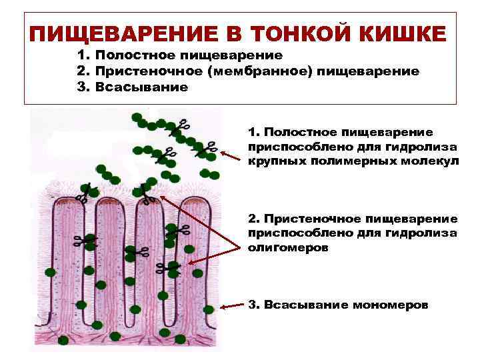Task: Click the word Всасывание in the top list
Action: point(141,87)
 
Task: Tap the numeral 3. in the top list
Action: point(84,87)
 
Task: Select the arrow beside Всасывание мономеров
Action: point(232,307)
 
